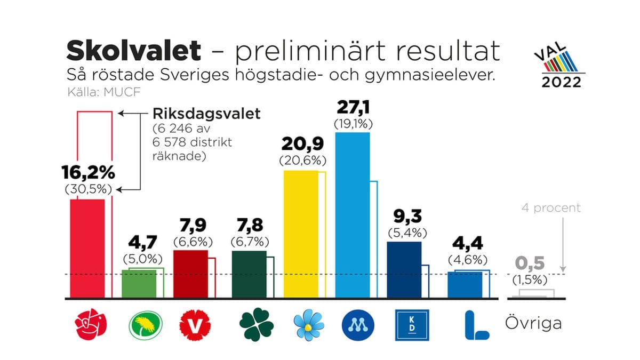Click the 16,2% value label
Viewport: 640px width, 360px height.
[88, 173]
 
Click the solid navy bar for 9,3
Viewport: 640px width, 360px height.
[404, 269]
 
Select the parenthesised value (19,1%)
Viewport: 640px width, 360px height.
[353, 124]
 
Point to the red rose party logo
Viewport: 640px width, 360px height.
[91, 325]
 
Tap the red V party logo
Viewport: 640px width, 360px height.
[195, 325]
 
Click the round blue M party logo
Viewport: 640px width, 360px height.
[358, 325]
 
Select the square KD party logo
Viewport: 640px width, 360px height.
[411, 325]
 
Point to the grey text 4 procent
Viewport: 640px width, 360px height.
[550, 208]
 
